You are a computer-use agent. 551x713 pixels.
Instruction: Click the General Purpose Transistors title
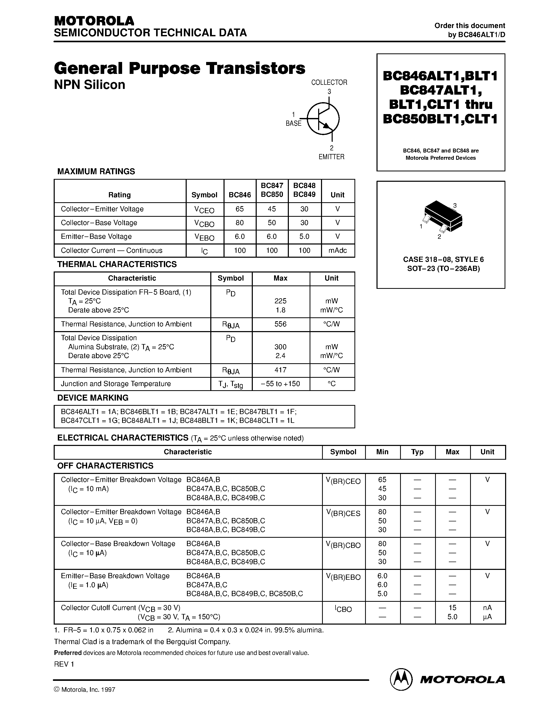coord(179,68)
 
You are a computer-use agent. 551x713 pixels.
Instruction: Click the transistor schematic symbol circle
coord(323,118)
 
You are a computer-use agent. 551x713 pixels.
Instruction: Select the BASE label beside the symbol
coord(294,123)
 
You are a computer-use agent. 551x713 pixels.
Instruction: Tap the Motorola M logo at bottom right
coord(400,679)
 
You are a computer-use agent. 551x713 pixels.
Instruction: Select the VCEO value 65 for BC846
coord(240,209)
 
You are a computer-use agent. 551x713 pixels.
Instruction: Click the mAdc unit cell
coord(338,250)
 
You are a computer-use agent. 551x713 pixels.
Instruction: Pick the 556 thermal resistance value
coord(280,324)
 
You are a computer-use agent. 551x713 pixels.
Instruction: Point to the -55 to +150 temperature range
coord(280,384)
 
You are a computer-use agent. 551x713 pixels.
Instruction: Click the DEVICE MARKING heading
coord(93,398)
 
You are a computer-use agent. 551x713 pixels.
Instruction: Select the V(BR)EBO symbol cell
coord(343,577)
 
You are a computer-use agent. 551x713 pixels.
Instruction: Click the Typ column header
coord(417,452)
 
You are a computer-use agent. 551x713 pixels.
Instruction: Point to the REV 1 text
coord(64,664)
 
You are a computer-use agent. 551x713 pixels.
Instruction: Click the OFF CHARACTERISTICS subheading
coord(105,466)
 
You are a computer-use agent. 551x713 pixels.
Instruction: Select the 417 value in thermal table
coord(280,370)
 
